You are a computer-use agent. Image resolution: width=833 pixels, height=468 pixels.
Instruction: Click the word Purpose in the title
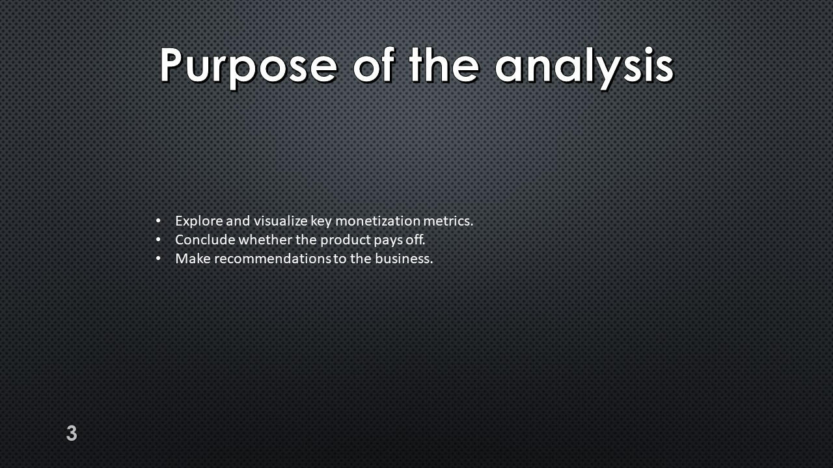click(249, 67)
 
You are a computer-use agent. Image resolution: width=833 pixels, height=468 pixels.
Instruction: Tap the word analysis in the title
click(584, 67)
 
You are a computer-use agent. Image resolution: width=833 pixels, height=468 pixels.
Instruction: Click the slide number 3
click(72, 433)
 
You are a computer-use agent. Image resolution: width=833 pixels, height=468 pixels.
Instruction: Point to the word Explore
click(198, 222)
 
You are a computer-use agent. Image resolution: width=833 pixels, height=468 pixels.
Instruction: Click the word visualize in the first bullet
click(280, 221)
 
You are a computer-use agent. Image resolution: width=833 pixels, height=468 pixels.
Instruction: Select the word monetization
click(377, 221)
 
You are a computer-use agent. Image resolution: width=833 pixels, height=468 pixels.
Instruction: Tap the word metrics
click(448, 221)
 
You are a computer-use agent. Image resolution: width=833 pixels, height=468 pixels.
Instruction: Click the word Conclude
click(205, 240)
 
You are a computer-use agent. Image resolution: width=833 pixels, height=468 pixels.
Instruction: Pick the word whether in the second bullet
click(265, 240)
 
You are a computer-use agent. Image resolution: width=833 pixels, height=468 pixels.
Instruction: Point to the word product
click(345, 240)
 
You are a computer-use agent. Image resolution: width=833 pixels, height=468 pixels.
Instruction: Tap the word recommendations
click(272, 259)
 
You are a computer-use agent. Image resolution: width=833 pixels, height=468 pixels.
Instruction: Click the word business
click(404, 259)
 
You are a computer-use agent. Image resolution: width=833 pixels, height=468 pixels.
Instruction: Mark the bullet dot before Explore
click(158, 221)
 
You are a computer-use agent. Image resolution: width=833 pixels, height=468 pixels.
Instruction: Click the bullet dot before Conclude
click(158, 240)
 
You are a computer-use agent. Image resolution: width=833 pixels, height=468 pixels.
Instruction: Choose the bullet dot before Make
click(158, 259)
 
